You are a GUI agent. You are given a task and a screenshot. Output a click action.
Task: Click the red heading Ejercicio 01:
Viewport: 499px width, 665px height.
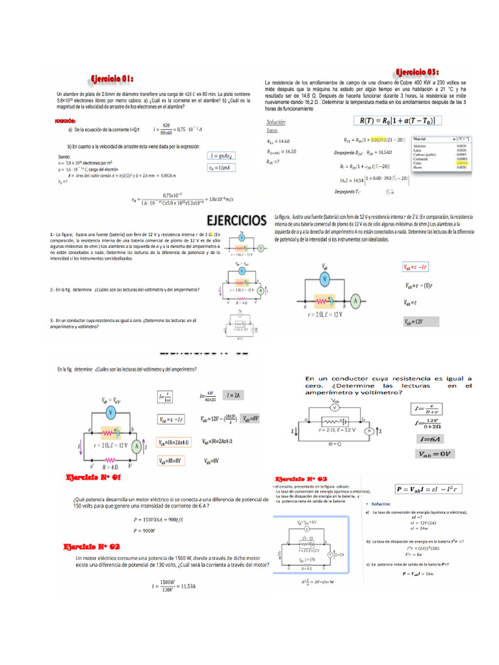(x=112, y=79)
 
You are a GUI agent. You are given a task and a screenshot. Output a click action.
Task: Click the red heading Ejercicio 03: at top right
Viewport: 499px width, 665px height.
(x=418, y=71)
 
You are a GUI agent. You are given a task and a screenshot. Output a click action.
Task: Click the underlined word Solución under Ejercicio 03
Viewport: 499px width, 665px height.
(x=276, y=122)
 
